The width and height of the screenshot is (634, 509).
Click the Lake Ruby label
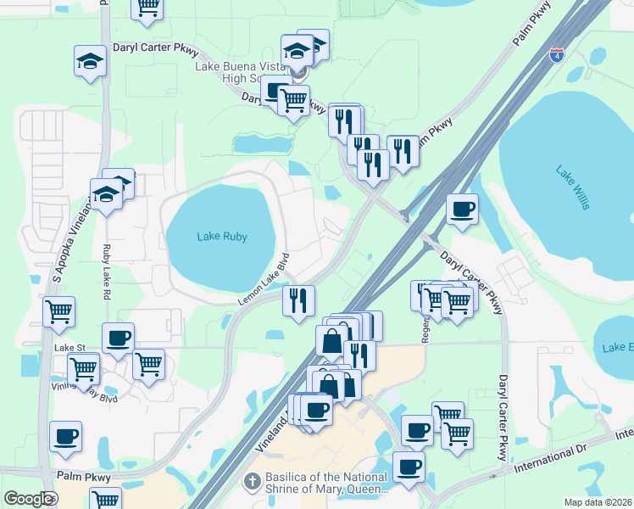pos(222,237)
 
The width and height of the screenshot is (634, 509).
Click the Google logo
pos(29,498)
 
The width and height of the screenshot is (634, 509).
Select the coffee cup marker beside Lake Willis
pos(462,209)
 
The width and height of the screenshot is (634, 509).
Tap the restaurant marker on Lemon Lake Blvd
pos(298,300)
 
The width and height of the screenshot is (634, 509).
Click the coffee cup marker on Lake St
pos(118,338)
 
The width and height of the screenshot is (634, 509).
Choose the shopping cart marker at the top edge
pos(147,7)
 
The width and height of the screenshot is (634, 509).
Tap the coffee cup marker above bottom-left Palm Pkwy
pos(65,436)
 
